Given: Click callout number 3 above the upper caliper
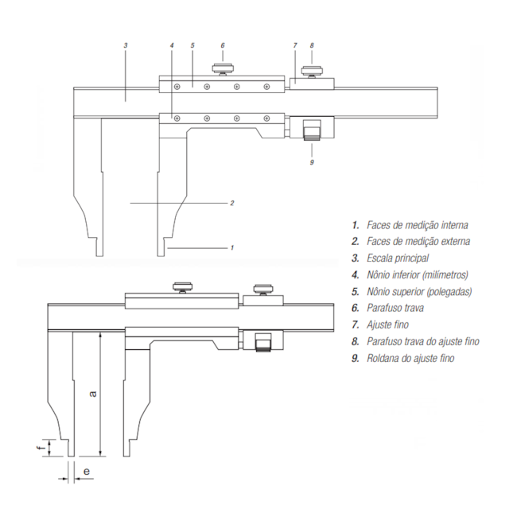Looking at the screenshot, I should click(x=126, y=45).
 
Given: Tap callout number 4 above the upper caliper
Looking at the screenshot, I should click(x=172, y=45).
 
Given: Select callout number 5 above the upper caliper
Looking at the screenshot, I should click(x=193, y=45).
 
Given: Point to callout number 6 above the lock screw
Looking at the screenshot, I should click(x=223, y=45).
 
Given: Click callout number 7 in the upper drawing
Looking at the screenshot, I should click(x=294, y=45).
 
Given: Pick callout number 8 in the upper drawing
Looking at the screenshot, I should click(x=312, y=45).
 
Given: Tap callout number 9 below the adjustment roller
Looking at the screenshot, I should click(x=312, y=161).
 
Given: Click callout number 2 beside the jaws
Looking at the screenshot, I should click(x=231, y=203).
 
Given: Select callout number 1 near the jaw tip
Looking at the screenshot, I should click(x=231, y=247).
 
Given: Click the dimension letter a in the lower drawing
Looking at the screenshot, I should click(x=93, y=392).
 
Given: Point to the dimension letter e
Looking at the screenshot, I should click(x=86, y=471).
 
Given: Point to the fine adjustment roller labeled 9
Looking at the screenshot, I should click(x=312, y=128).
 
